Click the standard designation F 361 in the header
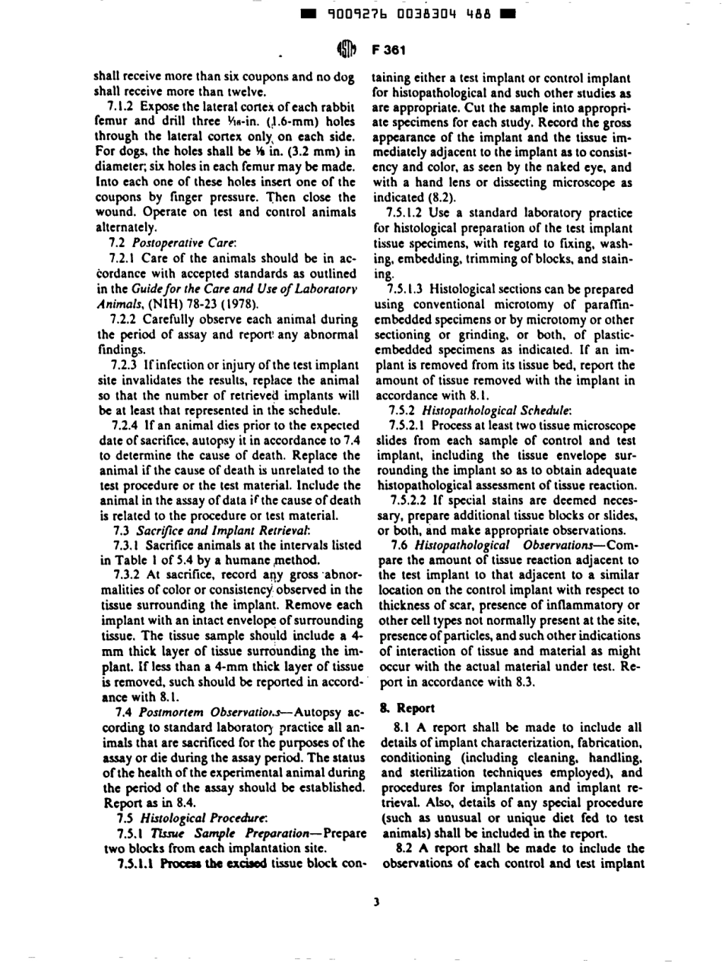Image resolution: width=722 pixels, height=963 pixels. [x=389, y=50]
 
